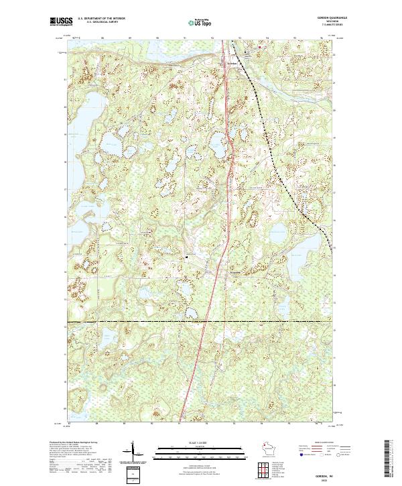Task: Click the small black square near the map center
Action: coord(188,256)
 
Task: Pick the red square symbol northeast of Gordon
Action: coord(261,48)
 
